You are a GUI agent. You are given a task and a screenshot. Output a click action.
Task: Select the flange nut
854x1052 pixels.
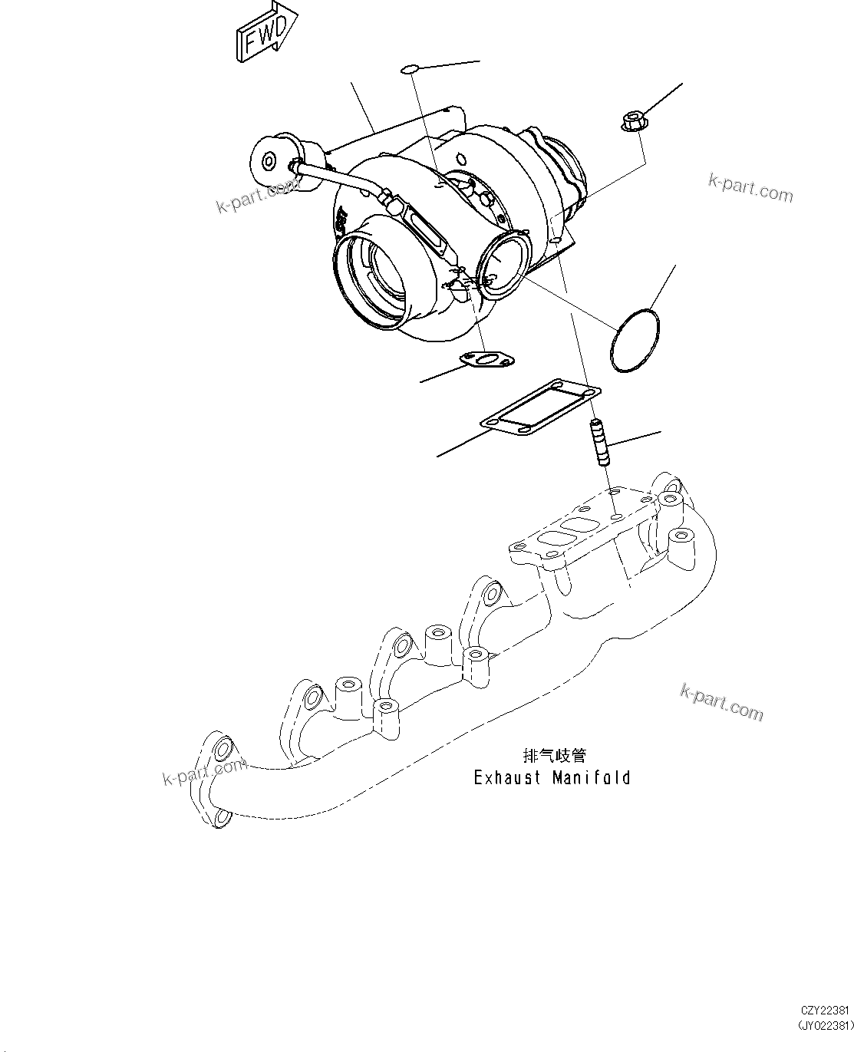631,121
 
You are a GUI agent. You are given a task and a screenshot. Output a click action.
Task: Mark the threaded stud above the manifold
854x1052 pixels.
599,443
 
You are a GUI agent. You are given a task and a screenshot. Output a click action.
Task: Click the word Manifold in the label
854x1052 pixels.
592,778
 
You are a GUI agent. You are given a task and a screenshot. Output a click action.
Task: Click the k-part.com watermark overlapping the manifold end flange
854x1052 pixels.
203,773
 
